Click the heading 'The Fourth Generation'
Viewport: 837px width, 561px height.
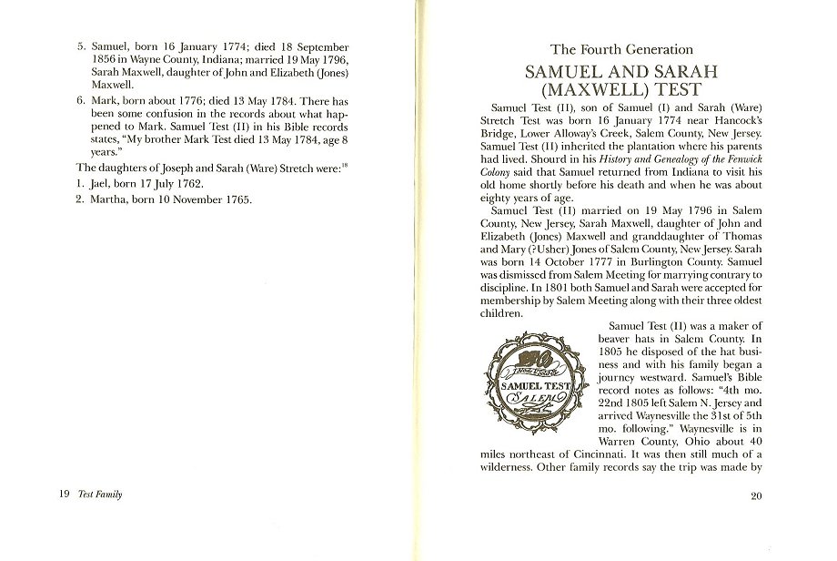point(621,50)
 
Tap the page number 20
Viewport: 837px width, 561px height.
point(756,495)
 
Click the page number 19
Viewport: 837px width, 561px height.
point(65,495)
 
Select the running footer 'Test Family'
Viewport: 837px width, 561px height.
point(100,495)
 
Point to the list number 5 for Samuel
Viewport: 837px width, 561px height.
point(80,46)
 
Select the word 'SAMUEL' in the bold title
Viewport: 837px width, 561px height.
point(567,72)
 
